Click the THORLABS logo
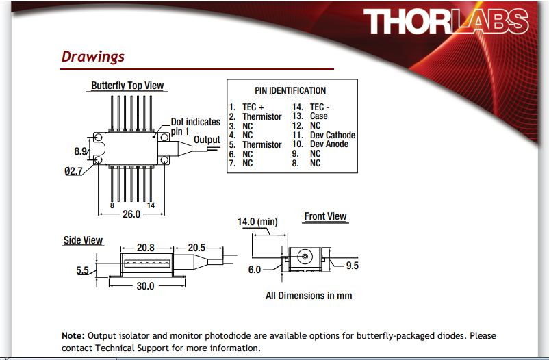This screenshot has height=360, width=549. click(446, 21)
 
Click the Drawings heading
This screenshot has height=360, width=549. click(93, 57)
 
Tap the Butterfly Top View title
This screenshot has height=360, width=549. click(127, 86)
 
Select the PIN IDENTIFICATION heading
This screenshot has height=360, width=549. click(290, 91)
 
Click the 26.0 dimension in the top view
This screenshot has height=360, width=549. click(131, 214)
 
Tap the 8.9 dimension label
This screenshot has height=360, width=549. click(81, 151)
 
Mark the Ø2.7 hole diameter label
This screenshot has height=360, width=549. click(73, 171)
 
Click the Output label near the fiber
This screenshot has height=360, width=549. click(207, 140)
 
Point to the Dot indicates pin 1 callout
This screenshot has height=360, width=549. click(195, 127)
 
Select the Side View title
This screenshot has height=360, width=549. click(83, 240)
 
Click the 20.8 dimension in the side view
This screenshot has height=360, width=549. click(146, 248)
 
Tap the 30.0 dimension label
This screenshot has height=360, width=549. click(145, 286)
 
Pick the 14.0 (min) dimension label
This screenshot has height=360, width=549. click(257, 222)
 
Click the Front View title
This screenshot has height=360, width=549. click(325, 216)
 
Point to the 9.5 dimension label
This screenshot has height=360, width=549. click(353, 266)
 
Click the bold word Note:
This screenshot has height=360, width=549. click(73, 335)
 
